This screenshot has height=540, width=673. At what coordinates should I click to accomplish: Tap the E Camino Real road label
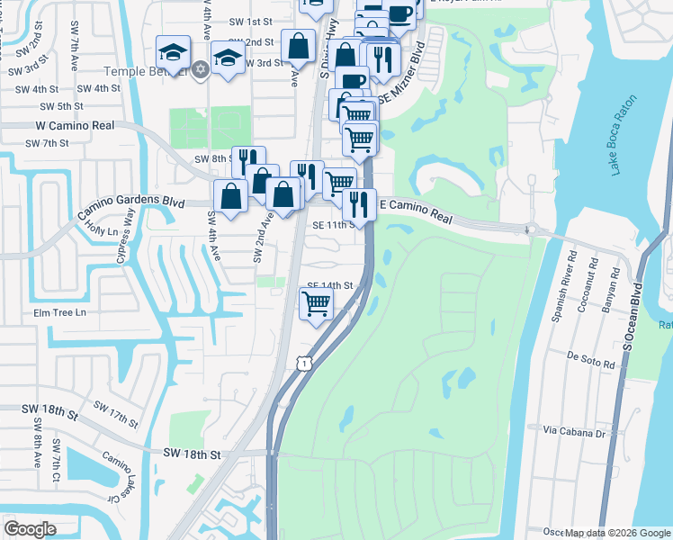(x=415, y=208)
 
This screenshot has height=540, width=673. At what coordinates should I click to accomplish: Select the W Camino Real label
(x=76, y=127)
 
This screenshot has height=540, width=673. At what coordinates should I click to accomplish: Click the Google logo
(x=30, y=529)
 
